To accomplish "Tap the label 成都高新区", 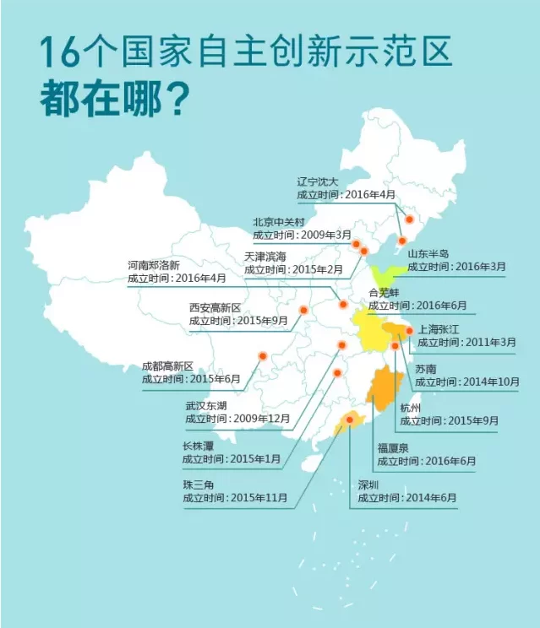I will (x=167, y=366).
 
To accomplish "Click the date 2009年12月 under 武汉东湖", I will (x=261, y=419).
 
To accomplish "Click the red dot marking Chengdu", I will (x=262, y=356).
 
